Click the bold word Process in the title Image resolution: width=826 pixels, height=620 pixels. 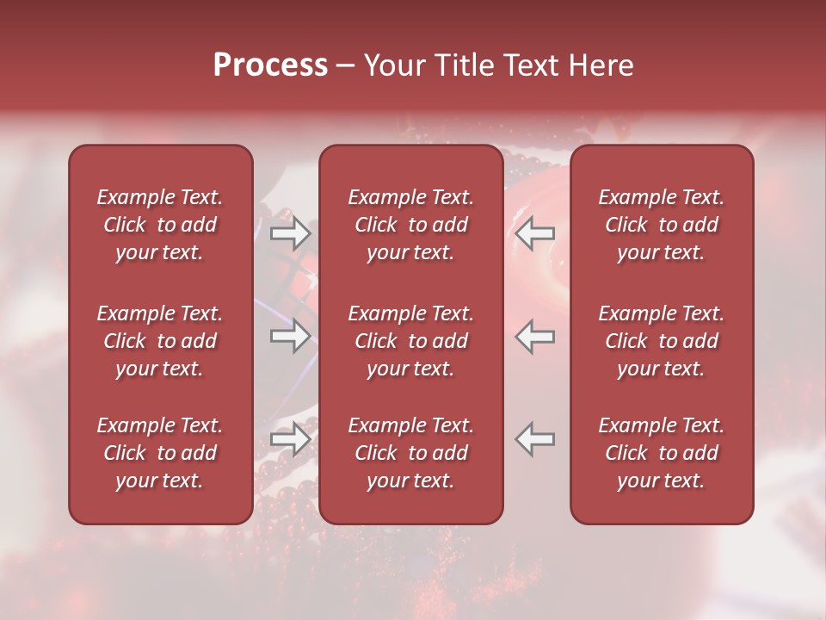point(270,65)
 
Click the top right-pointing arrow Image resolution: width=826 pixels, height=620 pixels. point(290,232)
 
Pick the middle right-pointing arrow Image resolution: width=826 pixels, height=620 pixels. point(290,336)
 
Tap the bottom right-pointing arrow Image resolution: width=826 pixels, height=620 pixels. point(290,439)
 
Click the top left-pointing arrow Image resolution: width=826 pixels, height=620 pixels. point(535,232)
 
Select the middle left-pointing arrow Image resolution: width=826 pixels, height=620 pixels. point(535,336)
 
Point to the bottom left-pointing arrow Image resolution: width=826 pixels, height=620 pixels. point(535,439)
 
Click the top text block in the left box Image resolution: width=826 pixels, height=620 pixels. point(160,225)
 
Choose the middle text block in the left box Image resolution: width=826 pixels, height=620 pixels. point(160,341)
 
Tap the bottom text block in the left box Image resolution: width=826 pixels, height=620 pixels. point(160,453)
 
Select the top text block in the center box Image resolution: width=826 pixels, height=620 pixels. point(411,225)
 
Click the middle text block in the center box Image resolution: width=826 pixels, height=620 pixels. point(411,341)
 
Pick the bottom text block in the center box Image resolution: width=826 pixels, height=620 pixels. point(411,453)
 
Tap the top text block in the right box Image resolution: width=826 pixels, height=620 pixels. point(662,225)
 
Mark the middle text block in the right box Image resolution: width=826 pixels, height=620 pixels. point(662,341)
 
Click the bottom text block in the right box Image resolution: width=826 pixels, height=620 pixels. point(662,453)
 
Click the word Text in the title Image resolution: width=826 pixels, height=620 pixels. point(530,65)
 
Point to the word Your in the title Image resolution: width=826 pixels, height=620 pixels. point(393,65)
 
